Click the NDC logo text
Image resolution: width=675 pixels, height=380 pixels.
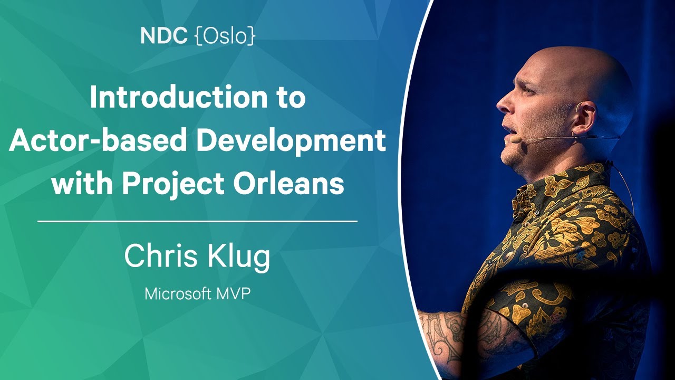[x=164, y=36]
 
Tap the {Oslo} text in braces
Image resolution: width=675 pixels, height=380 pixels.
[x=225, y=37]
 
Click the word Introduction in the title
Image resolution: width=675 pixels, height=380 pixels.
[x=179, y=97]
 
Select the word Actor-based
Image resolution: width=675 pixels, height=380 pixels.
[x=98, y=140]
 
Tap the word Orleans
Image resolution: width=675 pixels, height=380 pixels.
[x=288, y=183]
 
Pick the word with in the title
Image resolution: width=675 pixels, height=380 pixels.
[x=83, y=183]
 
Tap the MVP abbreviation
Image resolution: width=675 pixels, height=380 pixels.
[x=233, y=294]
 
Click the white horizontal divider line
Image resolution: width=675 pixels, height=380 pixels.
[x=197, y=221]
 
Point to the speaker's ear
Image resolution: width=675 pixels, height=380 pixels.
[x=585, y=118]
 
